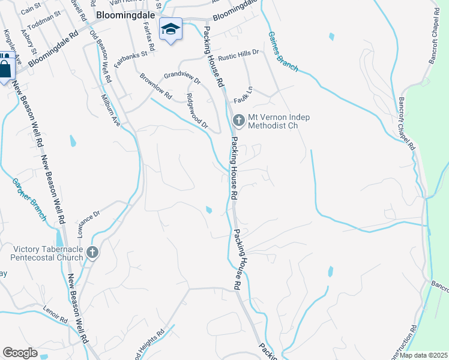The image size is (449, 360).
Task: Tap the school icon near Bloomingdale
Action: click(170, 29)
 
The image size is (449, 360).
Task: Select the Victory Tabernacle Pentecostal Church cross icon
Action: click(92, 253)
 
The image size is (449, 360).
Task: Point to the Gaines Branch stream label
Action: click(283, 52)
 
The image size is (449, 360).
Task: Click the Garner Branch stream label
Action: click(29, 199)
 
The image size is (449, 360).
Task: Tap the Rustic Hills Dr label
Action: click(238, 55)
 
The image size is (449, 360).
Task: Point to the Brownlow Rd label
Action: click(155, 88)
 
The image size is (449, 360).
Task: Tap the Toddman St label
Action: click(46, 20)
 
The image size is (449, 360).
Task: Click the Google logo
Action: click(20, 353)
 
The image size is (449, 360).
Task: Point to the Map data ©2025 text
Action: click(423, 355)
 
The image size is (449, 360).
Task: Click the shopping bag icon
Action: click(5, 67)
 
